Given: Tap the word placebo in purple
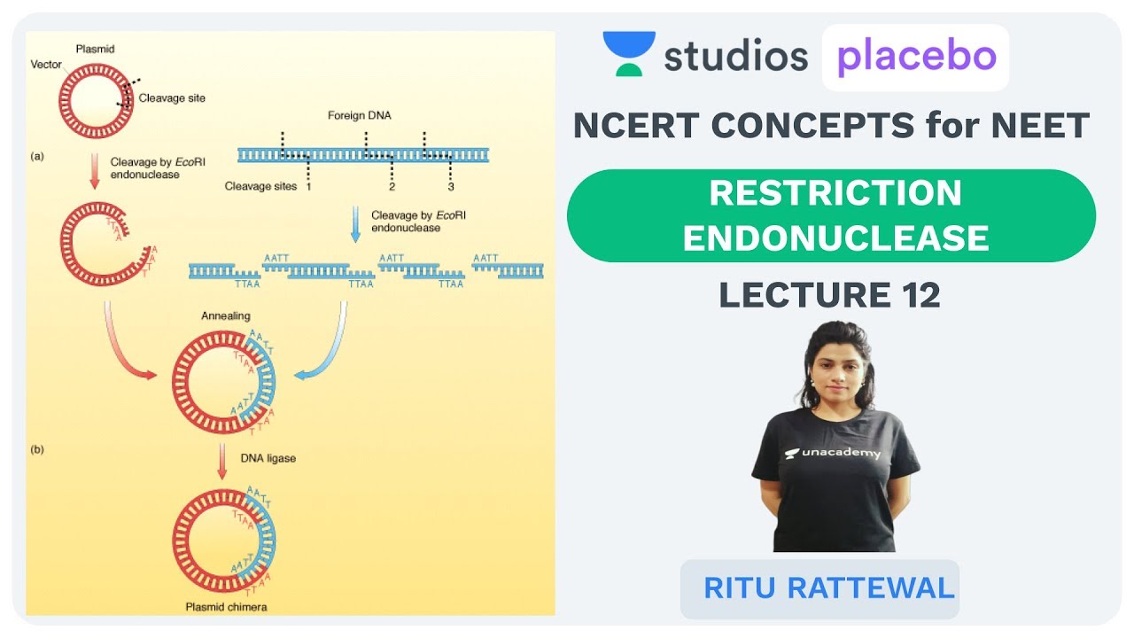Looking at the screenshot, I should click(x=916, y=57).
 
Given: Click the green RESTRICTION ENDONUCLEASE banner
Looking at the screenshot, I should click(x=831, y=215).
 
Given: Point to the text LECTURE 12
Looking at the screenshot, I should click(x=829, y=294).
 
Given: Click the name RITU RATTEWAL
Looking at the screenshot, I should click(x=829, y=587).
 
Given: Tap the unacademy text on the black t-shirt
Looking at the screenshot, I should click(x=834, y=453).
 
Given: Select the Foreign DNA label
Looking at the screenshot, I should click(x=359, y=116).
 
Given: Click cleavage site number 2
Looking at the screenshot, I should click(x=392, y=187).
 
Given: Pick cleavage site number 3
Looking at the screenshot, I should click(x=450, y=187).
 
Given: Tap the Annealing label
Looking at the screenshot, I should click(x=226, y=315).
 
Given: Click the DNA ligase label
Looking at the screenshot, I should click(x=268, y=457).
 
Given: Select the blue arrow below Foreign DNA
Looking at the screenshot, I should click(x=355, y=224).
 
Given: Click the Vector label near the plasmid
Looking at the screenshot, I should click(x=46, y=65).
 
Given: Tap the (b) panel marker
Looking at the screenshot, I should click(x=37, y=449).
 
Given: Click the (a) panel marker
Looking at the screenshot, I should click(x=37, y=156).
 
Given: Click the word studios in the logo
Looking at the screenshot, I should click(x=735, y=57).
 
